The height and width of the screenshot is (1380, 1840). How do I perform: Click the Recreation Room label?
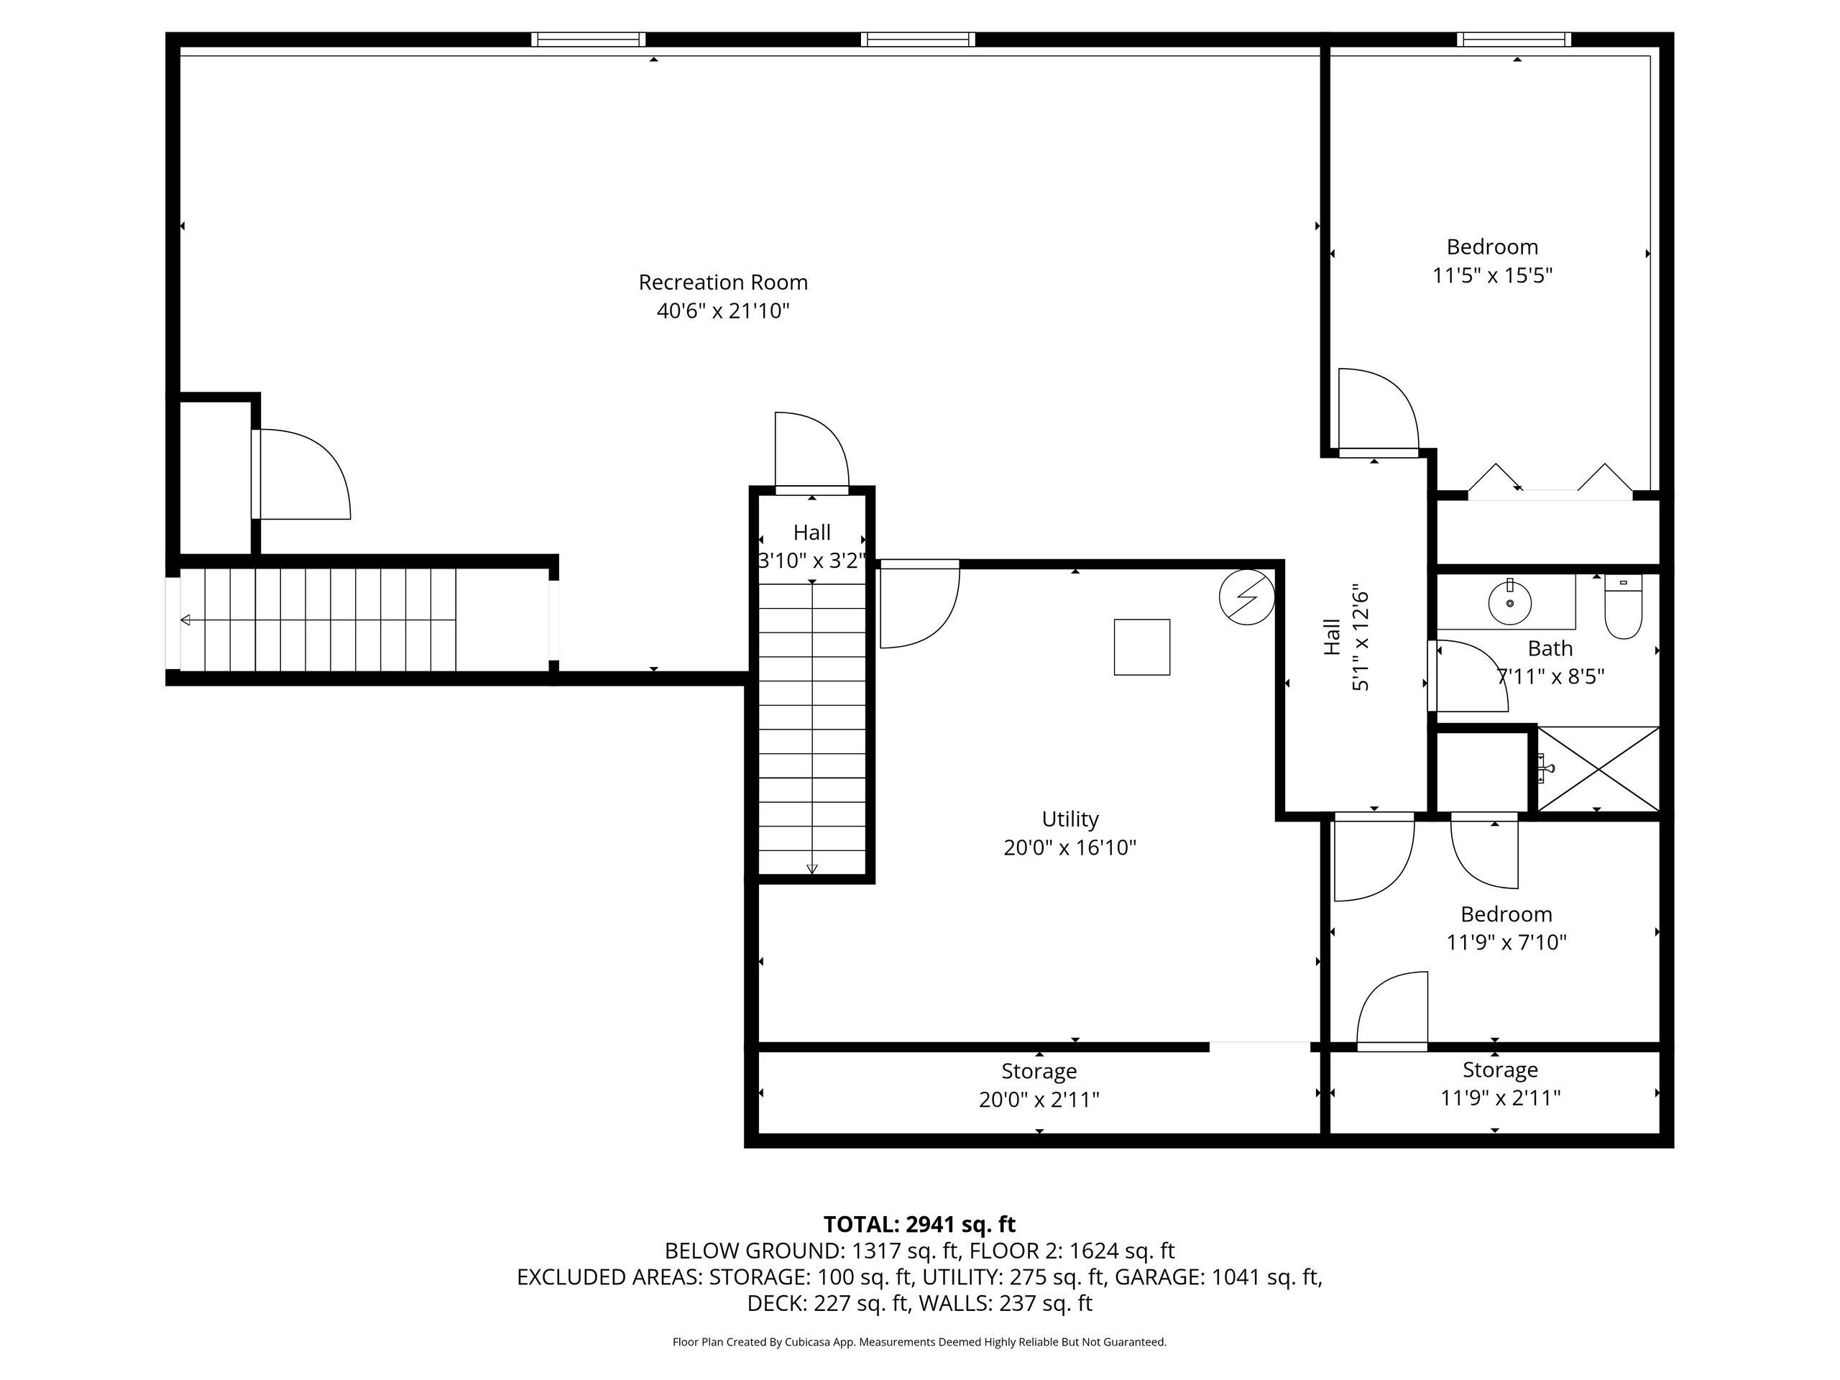tap(723, 282)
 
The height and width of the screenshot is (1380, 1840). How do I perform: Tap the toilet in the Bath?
tap(1623, 607)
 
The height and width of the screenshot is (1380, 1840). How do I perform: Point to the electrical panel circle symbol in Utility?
tap(1247, 597)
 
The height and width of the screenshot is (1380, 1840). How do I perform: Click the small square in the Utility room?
tap(1142, 646)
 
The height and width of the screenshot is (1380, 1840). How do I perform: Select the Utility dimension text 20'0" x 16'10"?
tap(1069, 847)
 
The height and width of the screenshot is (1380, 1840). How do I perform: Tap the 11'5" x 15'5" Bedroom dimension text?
tap(1492, 275)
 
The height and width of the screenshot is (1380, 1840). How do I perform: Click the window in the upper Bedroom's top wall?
tap(1514, 39)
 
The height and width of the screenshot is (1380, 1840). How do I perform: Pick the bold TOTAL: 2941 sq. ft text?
tap(919, 1225)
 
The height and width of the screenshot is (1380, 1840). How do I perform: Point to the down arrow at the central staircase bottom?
tap(812, 868)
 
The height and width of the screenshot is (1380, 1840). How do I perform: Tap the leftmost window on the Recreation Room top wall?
tap(588, 39)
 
